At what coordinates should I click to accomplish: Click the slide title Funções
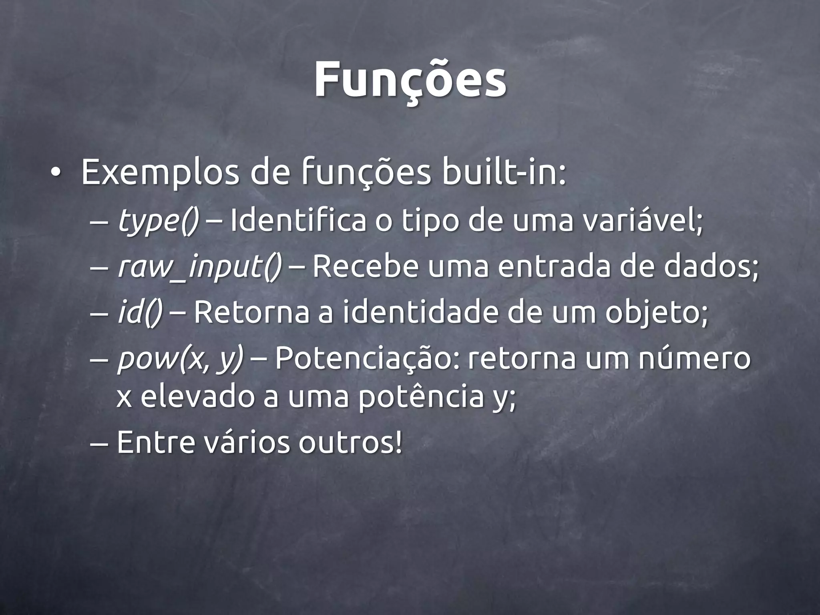[410, 80]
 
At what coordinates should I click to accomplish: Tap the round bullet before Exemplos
[55, 173]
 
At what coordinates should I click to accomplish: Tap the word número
[694, 358]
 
